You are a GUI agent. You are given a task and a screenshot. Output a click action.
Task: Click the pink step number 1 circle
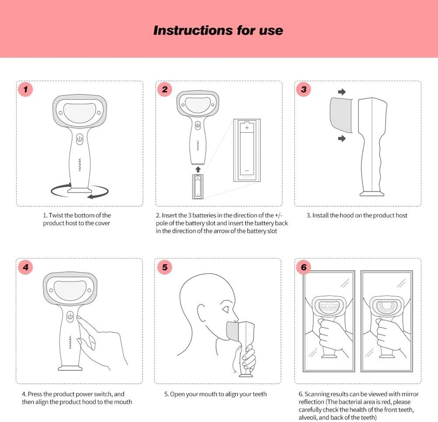pos(25,89)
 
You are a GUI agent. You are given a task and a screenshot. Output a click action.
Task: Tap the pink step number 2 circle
pos(165,89)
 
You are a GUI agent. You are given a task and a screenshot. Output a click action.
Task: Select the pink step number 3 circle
pos(304,89)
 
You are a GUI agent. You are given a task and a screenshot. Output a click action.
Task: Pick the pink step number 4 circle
pos(25,267)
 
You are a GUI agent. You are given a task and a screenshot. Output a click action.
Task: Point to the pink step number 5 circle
pos(165,267)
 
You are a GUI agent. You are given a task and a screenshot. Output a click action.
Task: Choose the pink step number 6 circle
pos(304,267)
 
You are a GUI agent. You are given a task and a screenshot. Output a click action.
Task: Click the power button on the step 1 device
pos(80,139)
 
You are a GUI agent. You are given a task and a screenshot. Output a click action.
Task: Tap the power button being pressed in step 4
pos(70,317)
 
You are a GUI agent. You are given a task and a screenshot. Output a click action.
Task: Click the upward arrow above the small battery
pos(198,169)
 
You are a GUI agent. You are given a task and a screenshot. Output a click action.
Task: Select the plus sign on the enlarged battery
pos(247,128)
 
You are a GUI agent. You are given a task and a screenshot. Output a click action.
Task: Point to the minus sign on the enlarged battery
pos(247,170)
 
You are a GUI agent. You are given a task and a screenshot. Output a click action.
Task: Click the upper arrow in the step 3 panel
pos(342,92)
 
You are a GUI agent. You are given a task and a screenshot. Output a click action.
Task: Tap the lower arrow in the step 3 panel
pos(342,138)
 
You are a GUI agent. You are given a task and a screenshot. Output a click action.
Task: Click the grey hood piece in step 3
pos(341,115)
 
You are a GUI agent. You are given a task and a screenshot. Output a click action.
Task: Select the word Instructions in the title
pos(193,30)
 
